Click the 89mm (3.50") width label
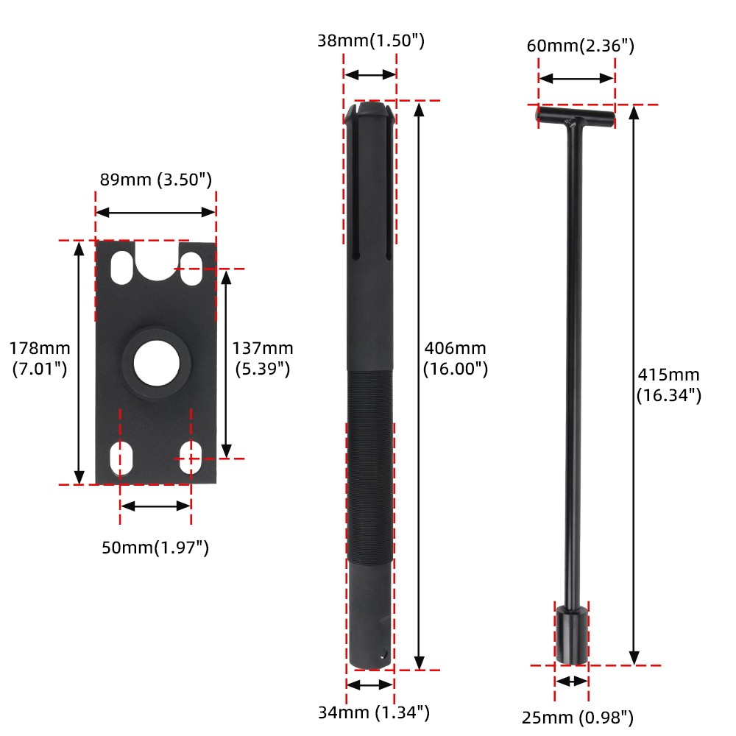pyautogui.click(x=155, y=180)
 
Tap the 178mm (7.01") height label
pyautogui.click(x=40, y=358)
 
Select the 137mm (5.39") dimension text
pyautogui.click(x=263, y=358)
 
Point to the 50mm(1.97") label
pyautogui.click(x=155, y=548)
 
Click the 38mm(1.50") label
pyautogui.click(x=370, y=40)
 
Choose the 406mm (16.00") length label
pyautogui.click(x=455, y=358)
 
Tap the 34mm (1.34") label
pyautogui.click(x=373, y=712)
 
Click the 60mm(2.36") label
pyautogui.click(x=580, y=46)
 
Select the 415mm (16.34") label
pyautogui.click(x=668, y=384)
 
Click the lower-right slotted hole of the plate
pyautogui.click(x=191, y=457)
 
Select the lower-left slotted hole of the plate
pyautogui.click(x=121, y=457)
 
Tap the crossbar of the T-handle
pyautogui.click(x=575, y=116)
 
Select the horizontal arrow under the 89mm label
pyautogui.click(x=155, y=212)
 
